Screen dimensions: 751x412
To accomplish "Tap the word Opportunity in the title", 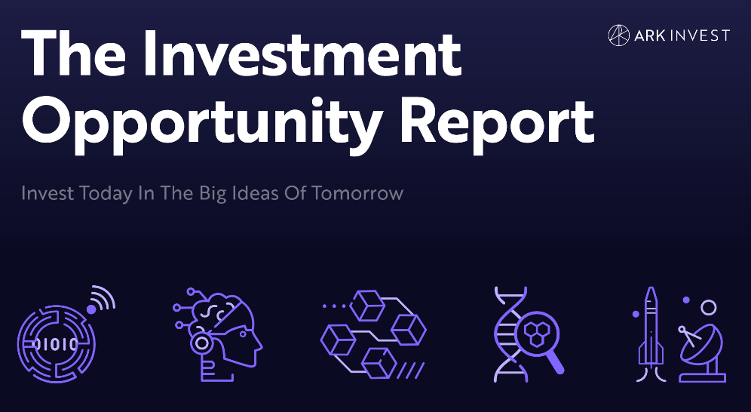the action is click(x=202, y=121).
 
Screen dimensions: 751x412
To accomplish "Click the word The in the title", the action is click(x=73, y=54).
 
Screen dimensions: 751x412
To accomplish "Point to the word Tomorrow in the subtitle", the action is click(x=357, y=193).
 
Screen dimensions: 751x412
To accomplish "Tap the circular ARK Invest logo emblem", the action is click(x=619, y=35).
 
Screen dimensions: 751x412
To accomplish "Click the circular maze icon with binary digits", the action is click(x=57, y=343).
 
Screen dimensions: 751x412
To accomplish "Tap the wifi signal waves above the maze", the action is click(x=103, y=297).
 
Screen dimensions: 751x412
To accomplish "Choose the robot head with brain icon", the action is click(x=217, y=334).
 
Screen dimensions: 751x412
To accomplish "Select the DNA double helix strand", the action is click(x=510, y=334).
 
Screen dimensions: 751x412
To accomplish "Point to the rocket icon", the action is click(x=650, y=334).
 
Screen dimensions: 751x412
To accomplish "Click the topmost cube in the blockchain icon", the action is click(x=368, y=305).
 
